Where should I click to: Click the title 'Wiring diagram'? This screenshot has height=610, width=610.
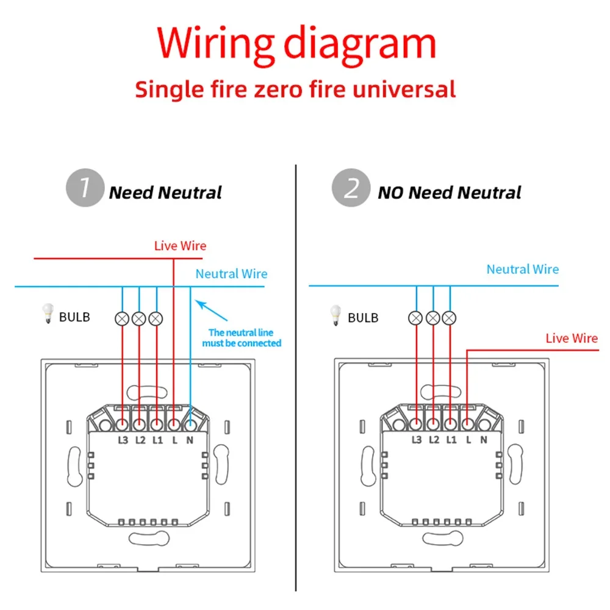tap(296, 45)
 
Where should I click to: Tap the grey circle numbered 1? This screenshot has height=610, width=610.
tap(85, 187)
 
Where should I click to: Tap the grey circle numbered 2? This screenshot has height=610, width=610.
tap(351, 187)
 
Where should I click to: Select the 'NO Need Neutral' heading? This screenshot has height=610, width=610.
tap(450, 193)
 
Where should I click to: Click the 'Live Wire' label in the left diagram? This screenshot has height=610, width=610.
tap(180, 246)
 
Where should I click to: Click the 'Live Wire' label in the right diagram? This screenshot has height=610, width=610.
tap(572, 339)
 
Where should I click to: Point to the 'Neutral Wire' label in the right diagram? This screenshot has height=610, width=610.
tap(523, 269)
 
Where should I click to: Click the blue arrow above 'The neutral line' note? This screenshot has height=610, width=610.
tap(211, 310)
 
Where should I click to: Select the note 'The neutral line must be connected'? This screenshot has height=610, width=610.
tap(242, 338)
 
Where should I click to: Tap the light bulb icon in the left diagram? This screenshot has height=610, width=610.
tap(48, 313)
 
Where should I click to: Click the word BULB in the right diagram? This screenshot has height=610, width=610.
tap(363, 318)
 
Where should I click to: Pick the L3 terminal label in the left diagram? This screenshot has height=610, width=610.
tap(123, 440)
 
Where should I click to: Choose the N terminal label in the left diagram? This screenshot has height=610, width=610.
tap(190, 440)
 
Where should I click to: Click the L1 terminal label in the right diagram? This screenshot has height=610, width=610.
tap(451, 440)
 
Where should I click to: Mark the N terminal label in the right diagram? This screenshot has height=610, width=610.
tap(484, 440)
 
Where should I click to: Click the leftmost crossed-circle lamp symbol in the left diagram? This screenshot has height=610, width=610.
tap(122, 318)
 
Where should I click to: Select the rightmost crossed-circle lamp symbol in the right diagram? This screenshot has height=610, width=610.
tap(450, 318)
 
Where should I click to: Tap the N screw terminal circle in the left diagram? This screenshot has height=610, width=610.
tap(190, 425)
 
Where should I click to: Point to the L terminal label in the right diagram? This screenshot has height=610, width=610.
tap(468, 440)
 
